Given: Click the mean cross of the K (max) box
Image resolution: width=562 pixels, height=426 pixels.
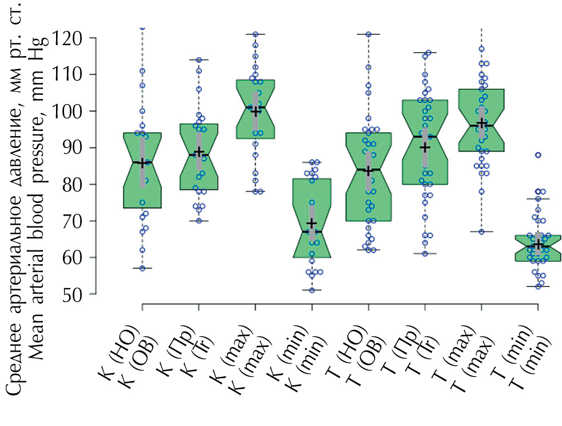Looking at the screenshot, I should pyautogui.click(x=255, y=110).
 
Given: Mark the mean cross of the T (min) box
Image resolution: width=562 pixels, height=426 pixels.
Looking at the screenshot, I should pyautogui.click(x=537, y=244).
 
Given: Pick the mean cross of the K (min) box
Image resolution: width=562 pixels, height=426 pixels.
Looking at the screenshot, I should pyautogui.click(x=312, y=223).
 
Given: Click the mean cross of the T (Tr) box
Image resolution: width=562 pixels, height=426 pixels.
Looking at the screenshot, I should pyautogui.click(x=424, y=147).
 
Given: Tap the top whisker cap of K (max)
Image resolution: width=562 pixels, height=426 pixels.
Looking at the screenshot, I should pyautogui.click(x=255, y=34).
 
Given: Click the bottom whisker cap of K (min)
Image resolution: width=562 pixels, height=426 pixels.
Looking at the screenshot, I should pyautogui.click(x=312, y=290).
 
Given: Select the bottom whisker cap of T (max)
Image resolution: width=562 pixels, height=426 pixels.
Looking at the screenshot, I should pyautogui.click(x=481, y=232).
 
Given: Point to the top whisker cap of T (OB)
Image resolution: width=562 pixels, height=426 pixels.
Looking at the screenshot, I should pyautogui.click(x=368, y=34).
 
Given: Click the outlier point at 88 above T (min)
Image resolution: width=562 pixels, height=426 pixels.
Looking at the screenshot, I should pyautogui.click(x=537, y=155).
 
